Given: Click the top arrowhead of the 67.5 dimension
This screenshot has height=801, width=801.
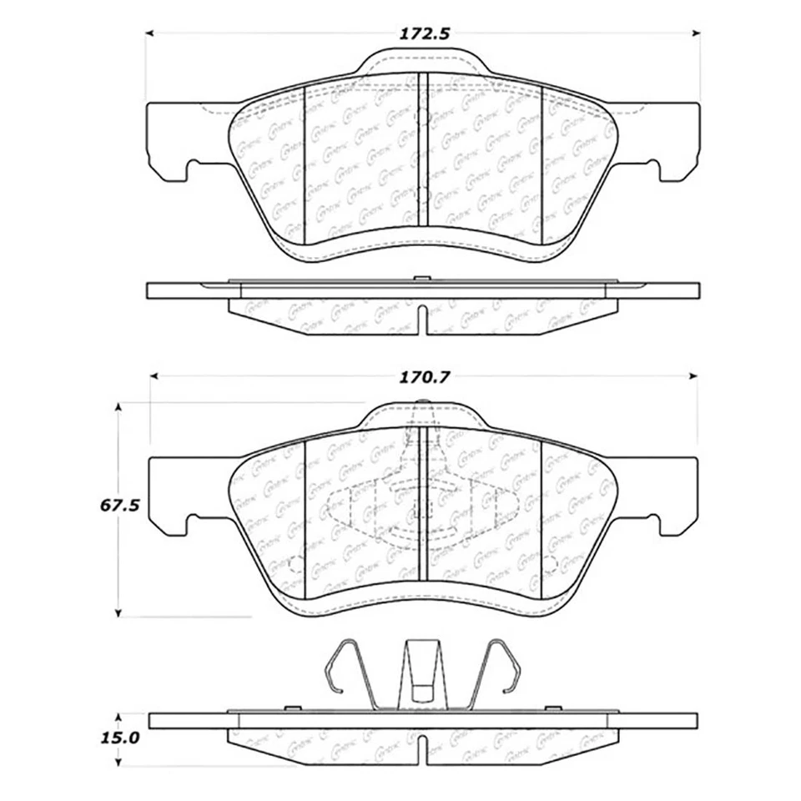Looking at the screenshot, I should [119, 407].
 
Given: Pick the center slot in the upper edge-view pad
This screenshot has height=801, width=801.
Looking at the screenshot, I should [423, 319].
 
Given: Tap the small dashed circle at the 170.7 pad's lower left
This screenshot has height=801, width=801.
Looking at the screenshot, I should [295, 565].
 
